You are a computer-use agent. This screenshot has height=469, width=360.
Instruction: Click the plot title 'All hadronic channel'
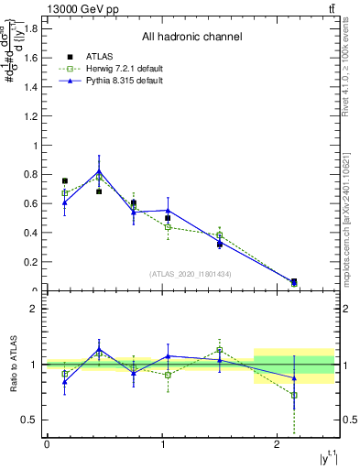(191, 38)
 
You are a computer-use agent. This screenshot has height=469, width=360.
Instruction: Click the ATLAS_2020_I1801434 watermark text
(191, 274)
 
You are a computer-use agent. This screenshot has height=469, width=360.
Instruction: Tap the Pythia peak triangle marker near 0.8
(99, 171)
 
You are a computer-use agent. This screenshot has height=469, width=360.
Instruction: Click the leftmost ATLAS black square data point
(64, 181)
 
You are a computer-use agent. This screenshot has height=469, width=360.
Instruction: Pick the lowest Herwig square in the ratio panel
(293, 396)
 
